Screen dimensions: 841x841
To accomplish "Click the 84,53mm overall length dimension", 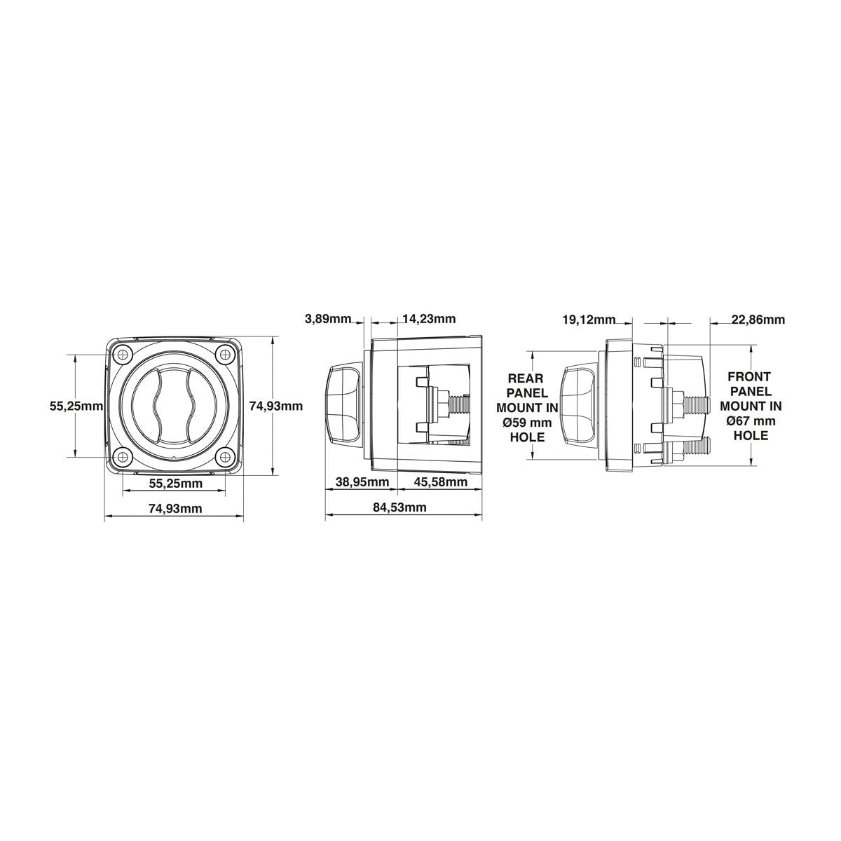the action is pyautogui.click(x=399, y=507).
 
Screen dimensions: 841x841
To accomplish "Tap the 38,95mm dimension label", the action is pyautogui.click(x=362, y=481).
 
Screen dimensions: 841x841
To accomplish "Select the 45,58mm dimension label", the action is pyautogui.click(x=440, y=481).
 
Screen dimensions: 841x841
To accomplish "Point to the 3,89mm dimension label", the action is pyautogui.click(x=328, y=319).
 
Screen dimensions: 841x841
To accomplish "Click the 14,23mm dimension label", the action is pyautogui.click(x=429, y=319).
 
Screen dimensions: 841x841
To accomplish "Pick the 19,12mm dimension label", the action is pyautogui.click(x=589, y=320).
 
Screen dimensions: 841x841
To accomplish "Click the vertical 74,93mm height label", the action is pyautogui.click(x=275, y=406).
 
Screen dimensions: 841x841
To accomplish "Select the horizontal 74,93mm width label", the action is pyautogui.click(x=175, y=508).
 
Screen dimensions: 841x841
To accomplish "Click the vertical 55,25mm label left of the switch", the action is pyautogui.click(x=76, y=406).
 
